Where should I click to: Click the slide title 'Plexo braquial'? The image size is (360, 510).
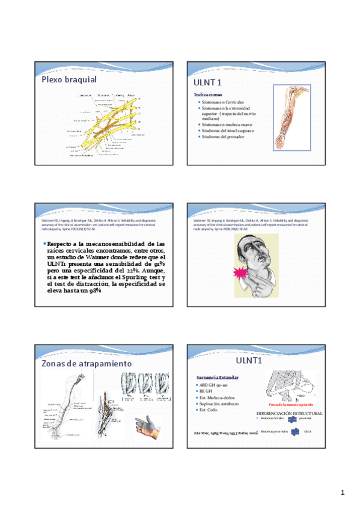(x=69, y=79)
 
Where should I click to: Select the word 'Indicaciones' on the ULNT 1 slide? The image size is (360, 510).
(x=208, y=95)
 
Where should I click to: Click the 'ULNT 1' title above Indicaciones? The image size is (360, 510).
(x=207, y=82)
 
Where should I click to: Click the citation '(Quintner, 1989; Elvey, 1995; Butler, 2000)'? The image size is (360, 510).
(x=222, y=432)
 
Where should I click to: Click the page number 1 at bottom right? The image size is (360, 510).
(x=342, y=493)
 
